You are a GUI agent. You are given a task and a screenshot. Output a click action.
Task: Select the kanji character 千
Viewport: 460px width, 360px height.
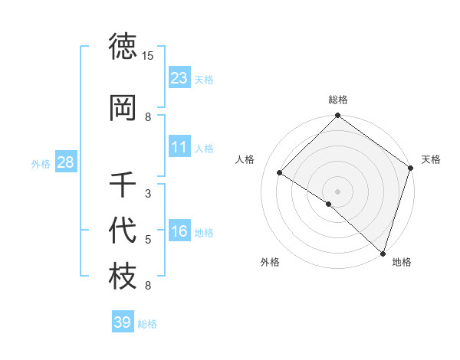pos(123,185)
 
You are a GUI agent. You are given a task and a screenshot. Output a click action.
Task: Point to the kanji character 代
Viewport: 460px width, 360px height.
pos(123,231)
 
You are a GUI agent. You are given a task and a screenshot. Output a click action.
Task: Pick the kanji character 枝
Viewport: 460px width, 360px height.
pos(123,277)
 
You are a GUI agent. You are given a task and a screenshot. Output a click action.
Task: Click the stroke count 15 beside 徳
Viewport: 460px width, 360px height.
pos(148,56)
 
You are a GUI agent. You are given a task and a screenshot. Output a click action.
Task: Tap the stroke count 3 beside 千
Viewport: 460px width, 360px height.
pos(148,194)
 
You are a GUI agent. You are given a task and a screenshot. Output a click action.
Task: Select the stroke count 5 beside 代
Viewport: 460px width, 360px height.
pos(148,240)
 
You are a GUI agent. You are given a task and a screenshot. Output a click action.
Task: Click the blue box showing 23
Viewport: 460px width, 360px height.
pos(179,78)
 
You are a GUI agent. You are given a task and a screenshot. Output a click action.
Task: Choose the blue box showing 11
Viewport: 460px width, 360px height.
pos(179,147)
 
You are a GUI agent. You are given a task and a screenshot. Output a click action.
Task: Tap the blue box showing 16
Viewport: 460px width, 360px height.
pos(179,231)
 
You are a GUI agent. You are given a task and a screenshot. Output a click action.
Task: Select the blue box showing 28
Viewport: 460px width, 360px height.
pos(65,162)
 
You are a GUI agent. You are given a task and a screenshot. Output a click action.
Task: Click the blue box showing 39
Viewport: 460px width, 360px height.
pos(122,322)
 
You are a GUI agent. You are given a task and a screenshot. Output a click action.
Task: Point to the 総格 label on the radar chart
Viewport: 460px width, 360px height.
pos(338,100)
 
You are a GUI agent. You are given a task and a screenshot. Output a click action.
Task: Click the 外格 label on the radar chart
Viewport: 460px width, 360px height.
pos(270,262)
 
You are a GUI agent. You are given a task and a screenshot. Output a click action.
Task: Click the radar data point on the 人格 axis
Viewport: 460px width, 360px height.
pos(280,172)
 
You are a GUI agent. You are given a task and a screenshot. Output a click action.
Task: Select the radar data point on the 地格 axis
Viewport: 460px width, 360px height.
pos(382,253)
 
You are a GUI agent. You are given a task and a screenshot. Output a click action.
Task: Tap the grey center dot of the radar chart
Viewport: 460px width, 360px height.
pos(337,191)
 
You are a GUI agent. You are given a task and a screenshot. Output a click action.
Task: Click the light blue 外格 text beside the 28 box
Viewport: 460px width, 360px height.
pos(40,163)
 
